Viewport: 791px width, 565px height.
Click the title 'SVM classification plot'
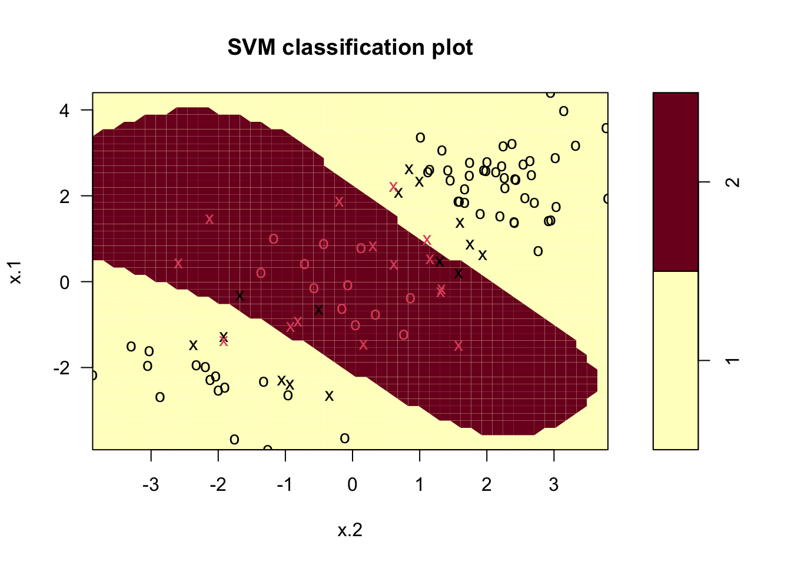coord(350,48)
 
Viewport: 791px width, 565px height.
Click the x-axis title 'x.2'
coord(350,530)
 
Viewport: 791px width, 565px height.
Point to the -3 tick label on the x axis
coord(151,485)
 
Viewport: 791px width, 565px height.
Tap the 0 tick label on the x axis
coord(352,485)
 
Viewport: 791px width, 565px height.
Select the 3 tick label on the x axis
coord(554,485)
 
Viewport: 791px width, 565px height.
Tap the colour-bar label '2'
coord(733,182)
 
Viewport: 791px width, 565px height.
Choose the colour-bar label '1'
coord(733,360)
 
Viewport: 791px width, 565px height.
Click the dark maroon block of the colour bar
coord(676,181)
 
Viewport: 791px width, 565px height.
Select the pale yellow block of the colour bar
coord(676,360)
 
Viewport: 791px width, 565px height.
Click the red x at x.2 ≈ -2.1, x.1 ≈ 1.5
coord(210,219)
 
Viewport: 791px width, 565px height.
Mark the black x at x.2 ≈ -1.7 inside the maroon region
coord(240,295)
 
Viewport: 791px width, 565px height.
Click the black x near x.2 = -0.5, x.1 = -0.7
coord(318,310)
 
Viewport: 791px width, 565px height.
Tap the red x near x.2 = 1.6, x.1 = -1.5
coord(458,346)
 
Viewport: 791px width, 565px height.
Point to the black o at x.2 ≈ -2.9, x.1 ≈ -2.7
coord(159,397)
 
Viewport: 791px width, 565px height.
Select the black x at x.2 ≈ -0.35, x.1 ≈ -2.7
coord(329,395)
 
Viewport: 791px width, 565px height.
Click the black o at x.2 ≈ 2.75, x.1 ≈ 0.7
coord(538,251)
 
